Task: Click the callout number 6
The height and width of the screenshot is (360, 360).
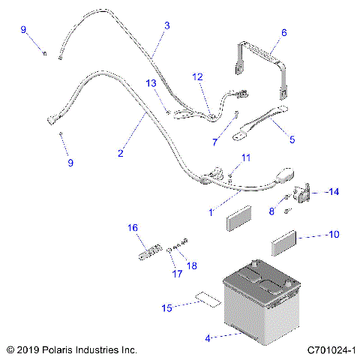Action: pos(283,32)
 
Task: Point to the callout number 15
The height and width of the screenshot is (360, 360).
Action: pos(166,307)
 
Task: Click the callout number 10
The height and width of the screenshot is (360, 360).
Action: pos(334,235)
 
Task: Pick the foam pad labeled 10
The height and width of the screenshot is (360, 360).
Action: pos(285,244)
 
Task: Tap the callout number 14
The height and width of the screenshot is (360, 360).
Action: pos(332,192)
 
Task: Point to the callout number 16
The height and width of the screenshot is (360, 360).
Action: pos(132,227)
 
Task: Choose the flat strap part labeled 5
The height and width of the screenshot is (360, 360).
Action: pos(262,122)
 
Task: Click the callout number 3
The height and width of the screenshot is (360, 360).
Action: pos(166,25)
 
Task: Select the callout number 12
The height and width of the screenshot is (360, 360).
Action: pos(197,76)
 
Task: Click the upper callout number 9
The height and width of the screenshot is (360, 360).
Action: pos(23,29)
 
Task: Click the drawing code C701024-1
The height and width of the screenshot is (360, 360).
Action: pos(331,350)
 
